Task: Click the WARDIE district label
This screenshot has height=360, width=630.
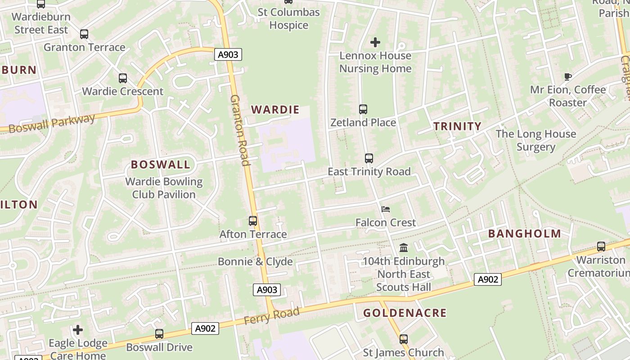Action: point(275,109)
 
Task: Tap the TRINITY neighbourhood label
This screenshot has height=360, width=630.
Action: point(457,126)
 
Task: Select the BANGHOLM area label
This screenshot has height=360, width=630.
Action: point(524,234)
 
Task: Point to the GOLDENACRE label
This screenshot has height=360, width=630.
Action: point(405,313)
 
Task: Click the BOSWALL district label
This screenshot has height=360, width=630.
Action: point(161,164)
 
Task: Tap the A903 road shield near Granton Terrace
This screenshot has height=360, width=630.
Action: point(228,55)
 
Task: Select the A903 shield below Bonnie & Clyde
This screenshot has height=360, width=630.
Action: point(267,290)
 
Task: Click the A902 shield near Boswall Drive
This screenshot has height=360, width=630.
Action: point(205,328)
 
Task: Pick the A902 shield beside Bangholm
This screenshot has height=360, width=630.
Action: point(487,279)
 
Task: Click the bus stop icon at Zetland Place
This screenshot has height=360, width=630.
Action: point(363,109)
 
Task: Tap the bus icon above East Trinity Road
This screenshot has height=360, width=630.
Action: point(369,158)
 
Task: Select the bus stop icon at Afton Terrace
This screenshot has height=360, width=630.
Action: point(253,221)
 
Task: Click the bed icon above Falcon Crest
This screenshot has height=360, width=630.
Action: point(386,209)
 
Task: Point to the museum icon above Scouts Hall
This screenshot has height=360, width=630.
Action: point(404,248)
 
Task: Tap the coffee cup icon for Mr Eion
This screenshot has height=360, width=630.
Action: point(568,76)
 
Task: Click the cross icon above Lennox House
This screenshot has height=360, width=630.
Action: point(375,42)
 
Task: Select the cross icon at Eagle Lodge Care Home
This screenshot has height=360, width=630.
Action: point(78,330)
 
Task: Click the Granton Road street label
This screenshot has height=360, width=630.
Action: point(240,130)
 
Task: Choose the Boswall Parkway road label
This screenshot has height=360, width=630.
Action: point(52,123)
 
